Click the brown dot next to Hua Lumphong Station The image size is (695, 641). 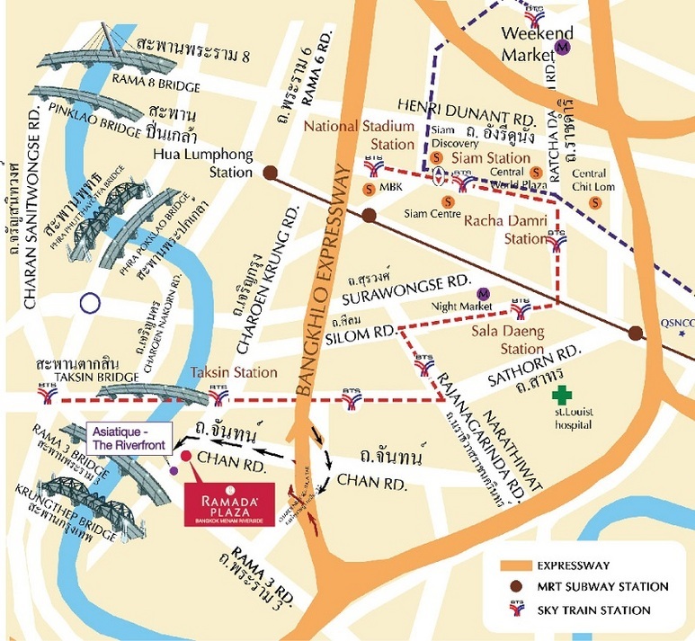pyautogui.click(x=270, y=172)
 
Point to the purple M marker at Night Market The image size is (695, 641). pyautogui.click(x=484, y=293)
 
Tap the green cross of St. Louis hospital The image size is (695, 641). pyautogui.click(x=563, y=394)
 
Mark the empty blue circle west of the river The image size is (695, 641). pyautogui.click(x=89, y=303)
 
